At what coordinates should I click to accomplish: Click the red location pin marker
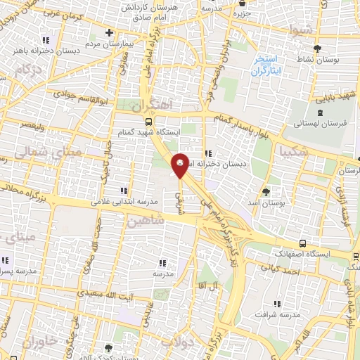(x=181, y=165)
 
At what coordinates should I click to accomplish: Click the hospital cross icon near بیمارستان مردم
(x=109, y=32)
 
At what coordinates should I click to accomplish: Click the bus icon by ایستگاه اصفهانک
(x=302, y=243)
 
